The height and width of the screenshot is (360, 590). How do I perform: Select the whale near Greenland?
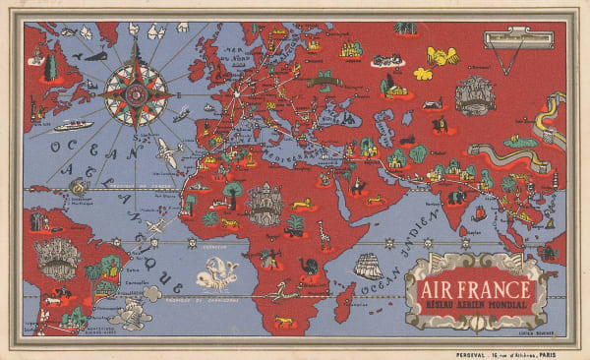click(94, 56)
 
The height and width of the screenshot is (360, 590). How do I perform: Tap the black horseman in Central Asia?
click(439, 125)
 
